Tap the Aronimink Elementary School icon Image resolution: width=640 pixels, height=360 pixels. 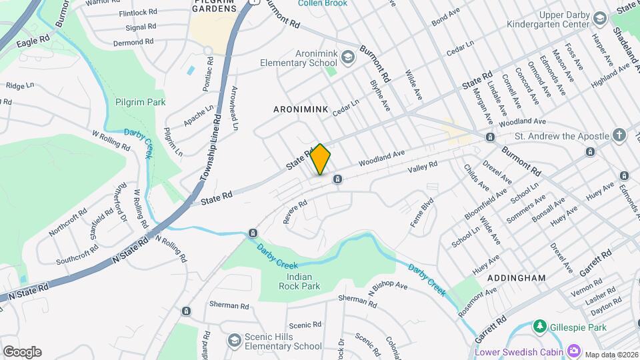point(349,57)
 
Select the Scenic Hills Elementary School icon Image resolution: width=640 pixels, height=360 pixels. point(234,341)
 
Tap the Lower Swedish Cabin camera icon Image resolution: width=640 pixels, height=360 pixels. point(574,351)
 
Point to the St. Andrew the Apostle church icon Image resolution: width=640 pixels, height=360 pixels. point(619,135)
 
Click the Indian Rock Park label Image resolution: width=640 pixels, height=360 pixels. point(299,281)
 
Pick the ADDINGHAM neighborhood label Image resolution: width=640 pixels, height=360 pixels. point(516,278)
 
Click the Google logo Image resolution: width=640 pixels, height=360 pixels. point(22,352)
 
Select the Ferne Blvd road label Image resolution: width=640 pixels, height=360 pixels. point(422,213)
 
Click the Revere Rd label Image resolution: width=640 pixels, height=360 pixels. point(295,212)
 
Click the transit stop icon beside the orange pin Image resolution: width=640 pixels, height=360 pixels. point(338,179)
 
